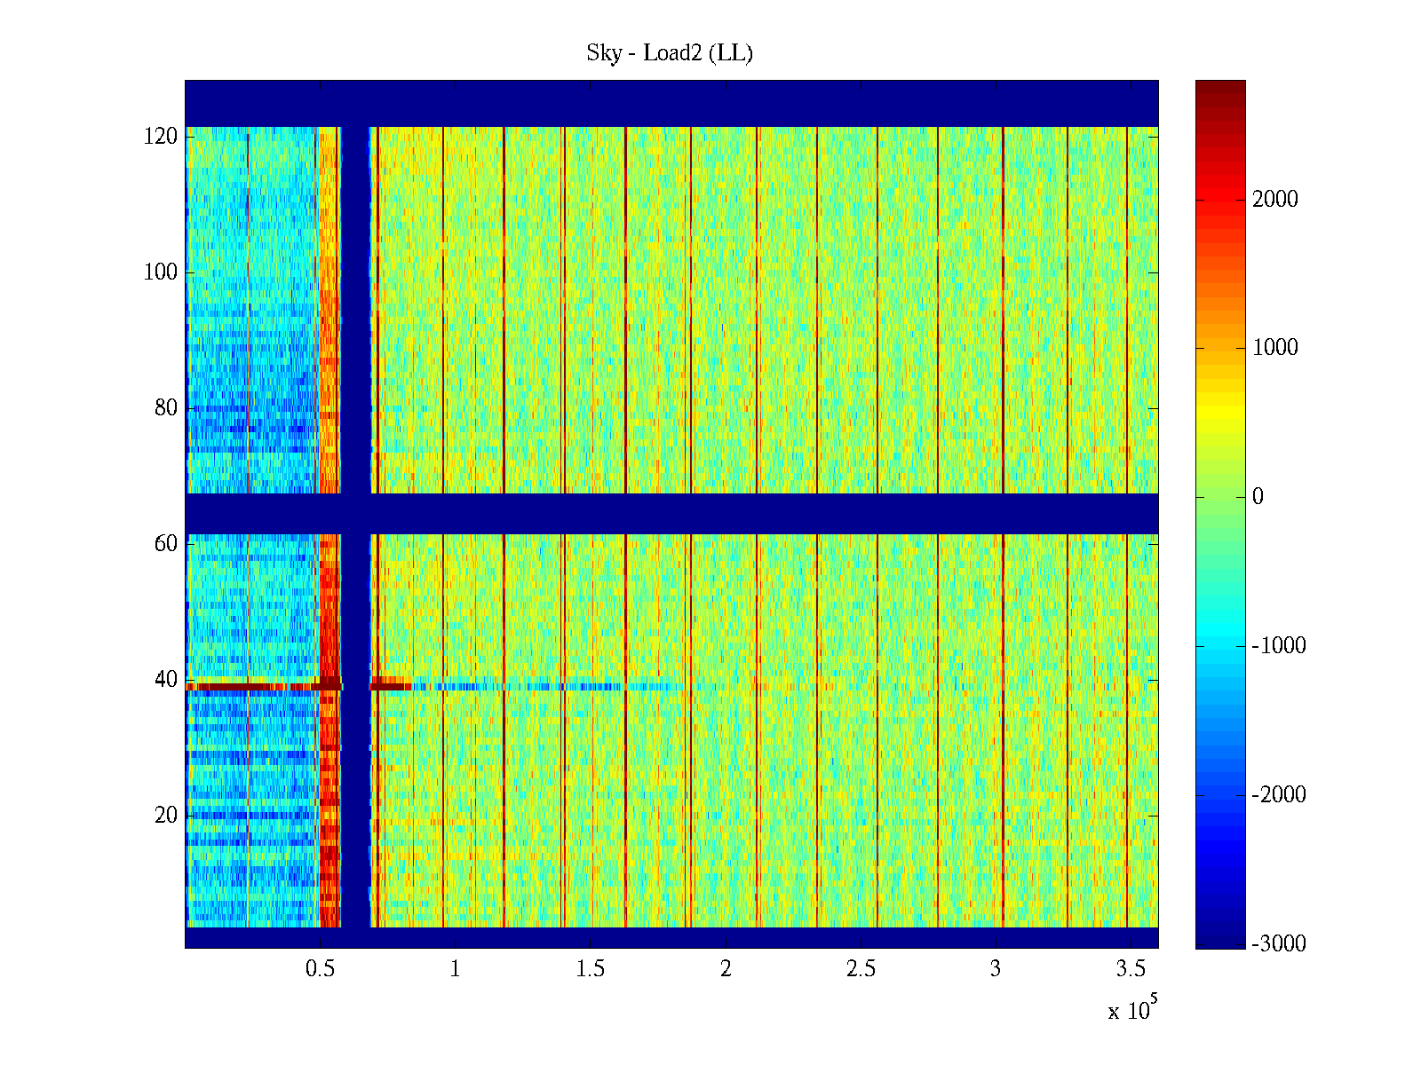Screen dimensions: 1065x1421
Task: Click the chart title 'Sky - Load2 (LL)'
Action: point(670,53)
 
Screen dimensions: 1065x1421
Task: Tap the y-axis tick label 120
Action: point(161,137)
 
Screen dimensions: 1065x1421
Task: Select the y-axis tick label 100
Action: point(161,272)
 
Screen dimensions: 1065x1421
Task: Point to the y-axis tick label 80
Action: point(166,408)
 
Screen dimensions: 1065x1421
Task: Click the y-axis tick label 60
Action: point(166,544)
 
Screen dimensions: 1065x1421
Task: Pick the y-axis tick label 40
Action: point(166,680)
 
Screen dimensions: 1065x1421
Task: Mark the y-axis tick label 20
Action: point(166,816)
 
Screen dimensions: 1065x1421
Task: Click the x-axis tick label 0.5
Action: point(320,969)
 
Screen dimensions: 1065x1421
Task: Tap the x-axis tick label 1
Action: point(455,969)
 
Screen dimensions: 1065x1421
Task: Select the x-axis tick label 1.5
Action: point(590,969)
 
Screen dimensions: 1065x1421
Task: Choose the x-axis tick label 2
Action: point(726,969)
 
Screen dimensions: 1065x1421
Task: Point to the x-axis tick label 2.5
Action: point(861,969)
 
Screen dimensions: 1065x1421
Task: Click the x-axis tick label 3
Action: point(996,969)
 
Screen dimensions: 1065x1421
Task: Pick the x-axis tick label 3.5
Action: point(1131,969)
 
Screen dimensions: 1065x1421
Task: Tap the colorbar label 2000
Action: point(1275,200)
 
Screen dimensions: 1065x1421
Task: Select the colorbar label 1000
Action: point(1275,348)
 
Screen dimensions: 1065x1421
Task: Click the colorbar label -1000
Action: point(1279,646)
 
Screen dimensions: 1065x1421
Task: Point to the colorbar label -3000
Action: point(1279,943)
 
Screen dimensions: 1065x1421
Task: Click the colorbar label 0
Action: point(1258,497)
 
